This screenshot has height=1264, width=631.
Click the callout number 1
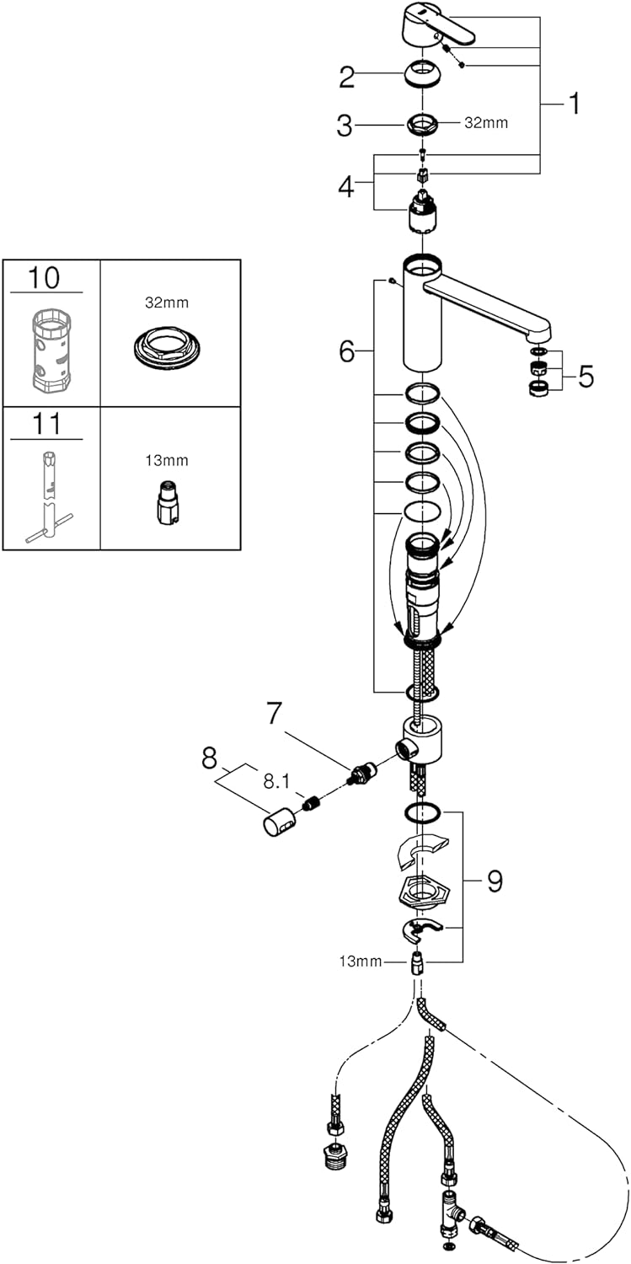point(573,104)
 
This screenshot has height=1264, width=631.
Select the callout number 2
point(347,78)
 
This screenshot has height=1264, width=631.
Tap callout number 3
point(344,126)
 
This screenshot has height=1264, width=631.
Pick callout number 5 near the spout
point(586,377)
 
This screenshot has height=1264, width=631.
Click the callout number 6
point(347,351)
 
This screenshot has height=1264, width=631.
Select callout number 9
point(495,881)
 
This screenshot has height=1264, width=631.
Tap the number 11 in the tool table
point(46,423)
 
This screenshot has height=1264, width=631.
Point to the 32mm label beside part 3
point(487,123)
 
